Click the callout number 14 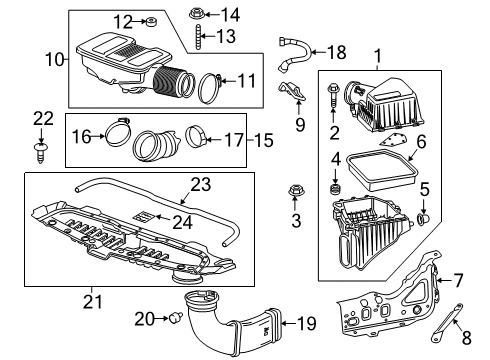point(230,14)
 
